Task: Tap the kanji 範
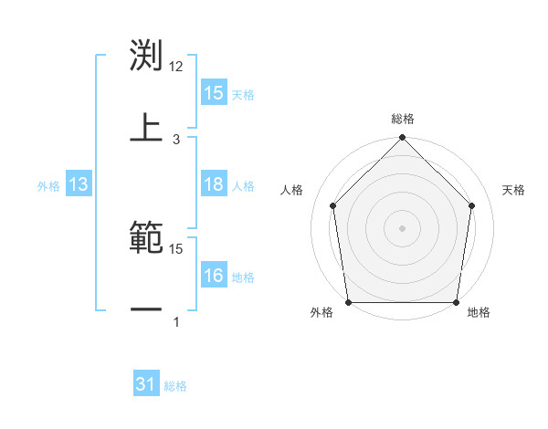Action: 146,239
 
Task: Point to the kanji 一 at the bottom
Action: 146,310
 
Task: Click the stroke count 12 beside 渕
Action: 176,67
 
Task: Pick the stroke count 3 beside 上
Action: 176,139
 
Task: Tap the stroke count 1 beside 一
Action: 176,321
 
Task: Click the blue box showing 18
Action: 214,185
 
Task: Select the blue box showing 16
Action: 214,276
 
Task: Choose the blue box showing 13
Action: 79,185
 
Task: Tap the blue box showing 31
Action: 146,385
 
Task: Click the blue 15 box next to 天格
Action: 214,93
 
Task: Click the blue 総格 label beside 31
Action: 175,386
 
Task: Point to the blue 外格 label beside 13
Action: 48,186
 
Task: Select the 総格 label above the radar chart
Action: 403,119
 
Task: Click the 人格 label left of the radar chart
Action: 292,190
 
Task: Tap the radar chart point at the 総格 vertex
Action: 403,139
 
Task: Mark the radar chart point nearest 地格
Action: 457,302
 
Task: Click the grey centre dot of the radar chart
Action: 403,227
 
